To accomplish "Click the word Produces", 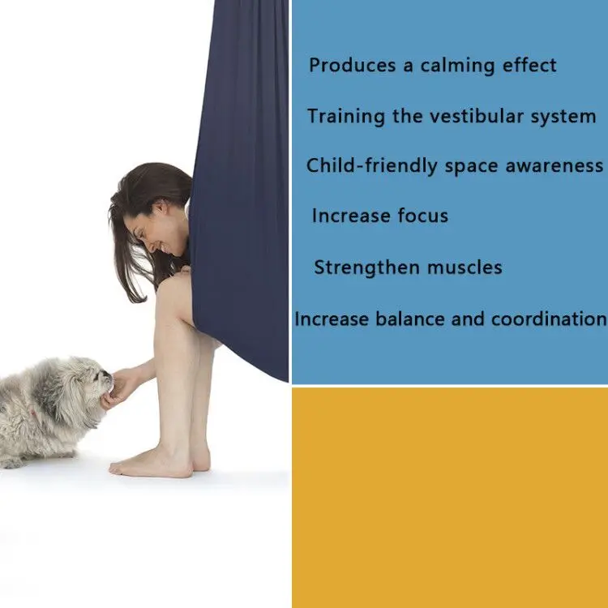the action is (352, 65).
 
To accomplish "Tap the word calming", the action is (457, 66).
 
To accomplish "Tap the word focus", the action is (422, 216).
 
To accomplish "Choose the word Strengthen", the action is (366, 268).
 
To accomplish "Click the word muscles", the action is (465, 268).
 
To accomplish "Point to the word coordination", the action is (549, 319).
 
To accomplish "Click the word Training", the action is (346, 117).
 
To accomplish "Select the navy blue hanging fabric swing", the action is (241, 186).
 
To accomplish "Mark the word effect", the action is (529, 65).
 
